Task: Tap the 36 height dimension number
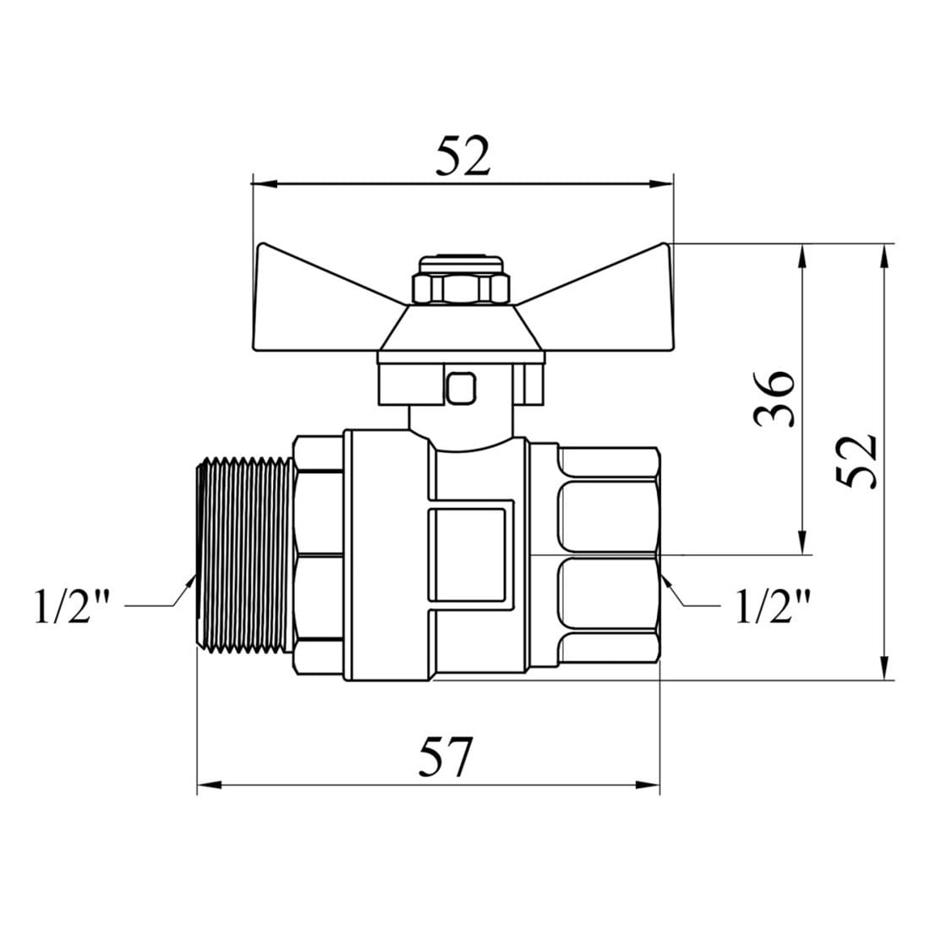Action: [x=774, y=399]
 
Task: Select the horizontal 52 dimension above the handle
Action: [x=463, y=156]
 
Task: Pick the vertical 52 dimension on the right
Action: [x=856, y=462]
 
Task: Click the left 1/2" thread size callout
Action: [x=73, y=605]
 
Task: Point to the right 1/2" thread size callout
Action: [x=773, y=605]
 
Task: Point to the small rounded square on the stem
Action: [x=462, y=388]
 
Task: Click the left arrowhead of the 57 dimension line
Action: [x=209, y=785]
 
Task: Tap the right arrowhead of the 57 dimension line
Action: [x=648, y=785]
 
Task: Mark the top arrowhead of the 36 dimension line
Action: [x=801, y=256]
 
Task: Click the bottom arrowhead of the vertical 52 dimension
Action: [x=884, y=667]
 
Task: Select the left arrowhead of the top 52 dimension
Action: [x=265, y=183]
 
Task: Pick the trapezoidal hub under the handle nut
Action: [x=462, y=328]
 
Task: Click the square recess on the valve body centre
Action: [x=468, y=554]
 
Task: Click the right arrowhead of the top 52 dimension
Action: [x=661, y=183]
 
